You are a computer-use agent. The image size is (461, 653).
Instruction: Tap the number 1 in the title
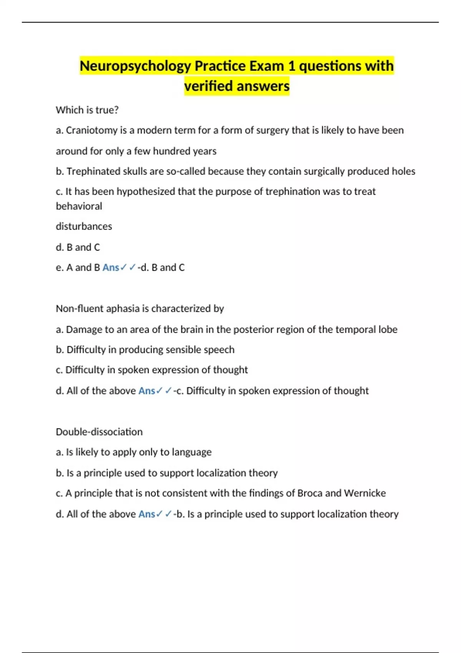[292, 66]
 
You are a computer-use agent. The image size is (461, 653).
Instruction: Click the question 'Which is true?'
[87, 110]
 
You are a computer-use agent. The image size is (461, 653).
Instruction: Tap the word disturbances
[84, 226]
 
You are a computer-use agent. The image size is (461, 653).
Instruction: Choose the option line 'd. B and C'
[78, 247]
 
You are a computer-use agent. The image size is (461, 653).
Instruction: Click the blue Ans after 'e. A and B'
[111, 267]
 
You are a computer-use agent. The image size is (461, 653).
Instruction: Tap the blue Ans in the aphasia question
[146, 391]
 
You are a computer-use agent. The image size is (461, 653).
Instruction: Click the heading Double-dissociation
[99, 432]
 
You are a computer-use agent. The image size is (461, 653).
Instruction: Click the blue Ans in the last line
[146, 514]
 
